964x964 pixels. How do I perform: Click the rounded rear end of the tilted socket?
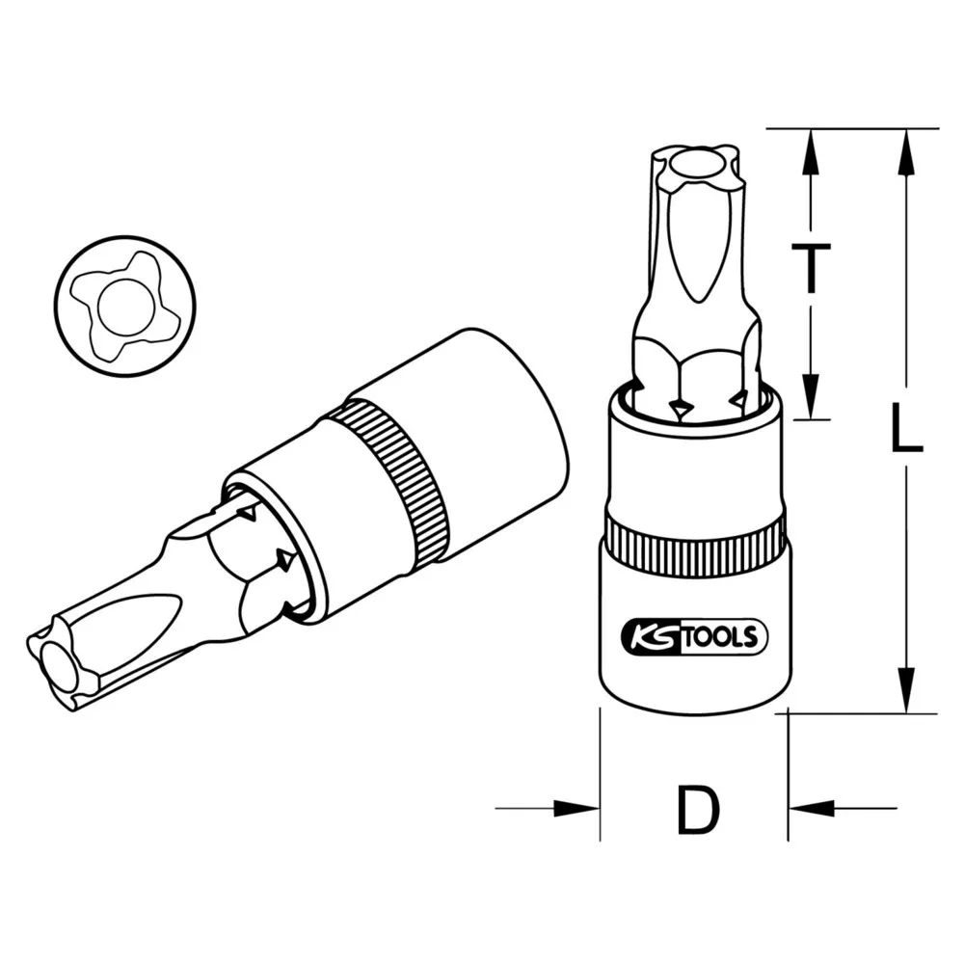(521, 405)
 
